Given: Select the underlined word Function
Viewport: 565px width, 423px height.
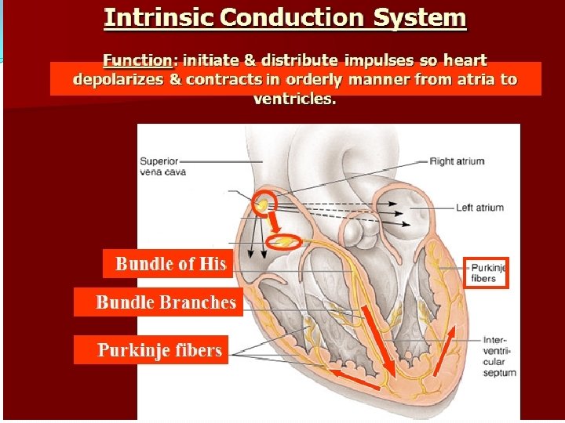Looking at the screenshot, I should [x=137, y=60].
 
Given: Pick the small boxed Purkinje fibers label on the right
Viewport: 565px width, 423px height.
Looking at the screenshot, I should [x=487, y=273].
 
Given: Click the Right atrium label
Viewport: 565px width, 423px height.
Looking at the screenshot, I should [x=457, y=161].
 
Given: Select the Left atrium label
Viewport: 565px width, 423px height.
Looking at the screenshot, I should [x=479, y=208].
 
